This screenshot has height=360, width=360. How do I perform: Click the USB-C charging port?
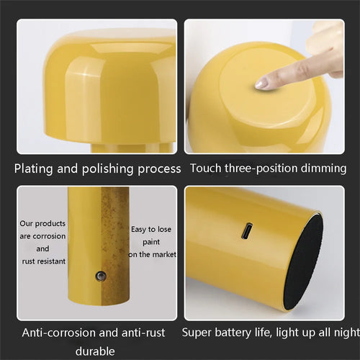(x=247, y=231)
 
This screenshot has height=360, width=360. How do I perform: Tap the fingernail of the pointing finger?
(x=261, y=84)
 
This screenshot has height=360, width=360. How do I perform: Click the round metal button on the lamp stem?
(x=101, y=276)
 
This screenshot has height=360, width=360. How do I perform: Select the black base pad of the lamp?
(x=303, y=262)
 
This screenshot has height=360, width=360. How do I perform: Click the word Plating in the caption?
(x=33, y=168)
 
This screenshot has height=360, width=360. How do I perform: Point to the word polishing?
(x=107, y=169)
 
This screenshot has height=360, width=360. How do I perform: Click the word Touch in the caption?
(x=206, y=168)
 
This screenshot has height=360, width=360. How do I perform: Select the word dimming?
(x=323, y=168)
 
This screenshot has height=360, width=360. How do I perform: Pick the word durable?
(x=95, y=351)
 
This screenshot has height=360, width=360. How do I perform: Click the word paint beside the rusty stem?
(x=151, y=242)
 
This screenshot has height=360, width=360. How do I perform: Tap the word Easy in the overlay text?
(x=138, y=230)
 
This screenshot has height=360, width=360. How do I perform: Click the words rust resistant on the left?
(x=44, y=261)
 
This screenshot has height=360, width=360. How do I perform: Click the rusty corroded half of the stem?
(x=115, y=246)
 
